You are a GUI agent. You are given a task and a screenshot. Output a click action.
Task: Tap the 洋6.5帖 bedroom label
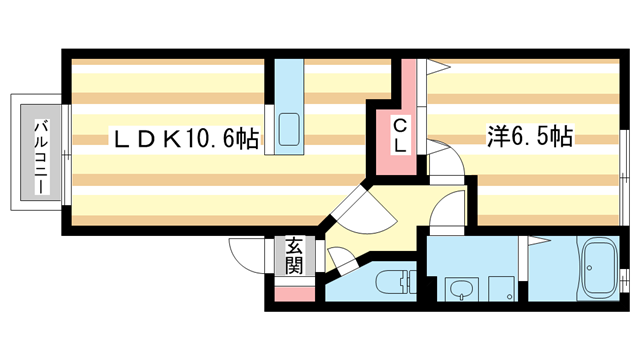click(530, 137)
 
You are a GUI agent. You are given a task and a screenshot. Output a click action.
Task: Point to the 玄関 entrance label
click(293, 255)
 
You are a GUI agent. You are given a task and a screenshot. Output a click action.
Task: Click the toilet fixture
click(393, 283)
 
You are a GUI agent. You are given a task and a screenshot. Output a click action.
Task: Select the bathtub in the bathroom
click(601, 270)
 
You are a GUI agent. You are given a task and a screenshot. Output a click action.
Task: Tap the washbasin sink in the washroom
click(460, 290)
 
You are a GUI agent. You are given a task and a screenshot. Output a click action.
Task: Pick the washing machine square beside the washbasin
click(500, 290)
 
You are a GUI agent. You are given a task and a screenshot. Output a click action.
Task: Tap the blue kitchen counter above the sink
click(289, 85)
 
